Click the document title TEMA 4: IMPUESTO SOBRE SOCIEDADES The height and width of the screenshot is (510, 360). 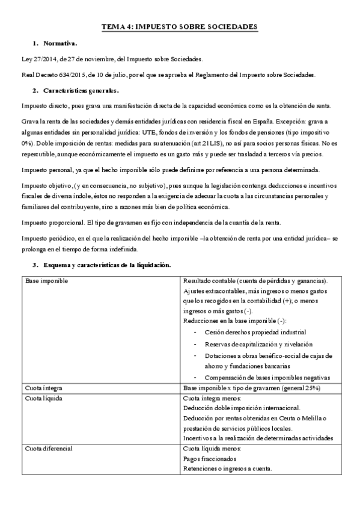pos(180,27)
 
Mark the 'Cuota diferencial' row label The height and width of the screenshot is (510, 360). pos(49,449)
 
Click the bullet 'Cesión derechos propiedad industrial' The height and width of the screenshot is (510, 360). pos(255,332)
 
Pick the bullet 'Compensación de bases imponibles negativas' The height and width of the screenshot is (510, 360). pos(267,378)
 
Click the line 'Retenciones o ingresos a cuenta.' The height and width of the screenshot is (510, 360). pos(228,469)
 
